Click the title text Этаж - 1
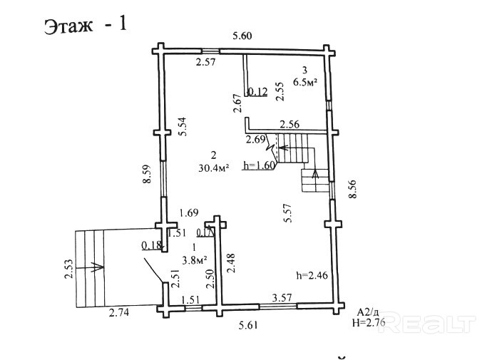(86, 25)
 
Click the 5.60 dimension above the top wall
(242, 36)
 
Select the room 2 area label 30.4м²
(213, 168)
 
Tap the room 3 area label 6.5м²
(305, 82)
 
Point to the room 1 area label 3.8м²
(195, 259)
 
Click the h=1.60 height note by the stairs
(260, 165)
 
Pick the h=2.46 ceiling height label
(312, 275)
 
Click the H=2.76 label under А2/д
(369, 322)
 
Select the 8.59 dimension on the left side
(147, 173)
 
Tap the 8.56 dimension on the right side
(352, 189)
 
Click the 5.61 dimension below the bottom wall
(248, 326)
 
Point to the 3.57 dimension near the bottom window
(282, 297)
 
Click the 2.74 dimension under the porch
(119, 312)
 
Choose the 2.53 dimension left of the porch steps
(69, 269)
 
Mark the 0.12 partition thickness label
(258, 92)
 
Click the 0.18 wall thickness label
(152, 245)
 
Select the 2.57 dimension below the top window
(206, 62)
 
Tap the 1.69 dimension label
(189, 212)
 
